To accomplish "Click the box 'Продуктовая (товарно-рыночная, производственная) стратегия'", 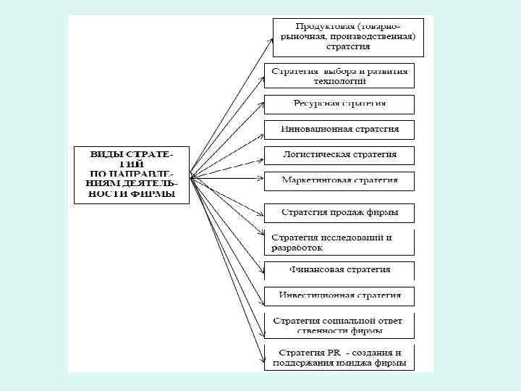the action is (x=348, y=37).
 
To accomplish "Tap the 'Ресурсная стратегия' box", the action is (x=339, y=104).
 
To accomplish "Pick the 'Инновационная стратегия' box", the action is (x=339, y=130).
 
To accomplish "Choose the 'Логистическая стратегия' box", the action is (x=339, y=155).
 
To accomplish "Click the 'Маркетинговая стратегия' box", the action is (x=339, y=180).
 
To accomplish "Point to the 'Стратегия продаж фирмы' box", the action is (x=339, y=213).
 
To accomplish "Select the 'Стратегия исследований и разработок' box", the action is (x=339, y=242).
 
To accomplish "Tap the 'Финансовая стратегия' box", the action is (x=339, y=270).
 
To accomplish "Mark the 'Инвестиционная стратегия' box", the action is (x=339, y=295).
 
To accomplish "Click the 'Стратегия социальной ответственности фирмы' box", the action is (x=339, y=325).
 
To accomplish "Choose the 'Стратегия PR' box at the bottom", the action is (x=339, y=358).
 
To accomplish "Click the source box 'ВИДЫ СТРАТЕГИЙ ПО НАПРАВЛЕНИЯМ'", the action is (x=131, y=175).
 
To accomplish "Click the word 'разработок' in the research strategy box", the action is (x=297, y=248).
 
